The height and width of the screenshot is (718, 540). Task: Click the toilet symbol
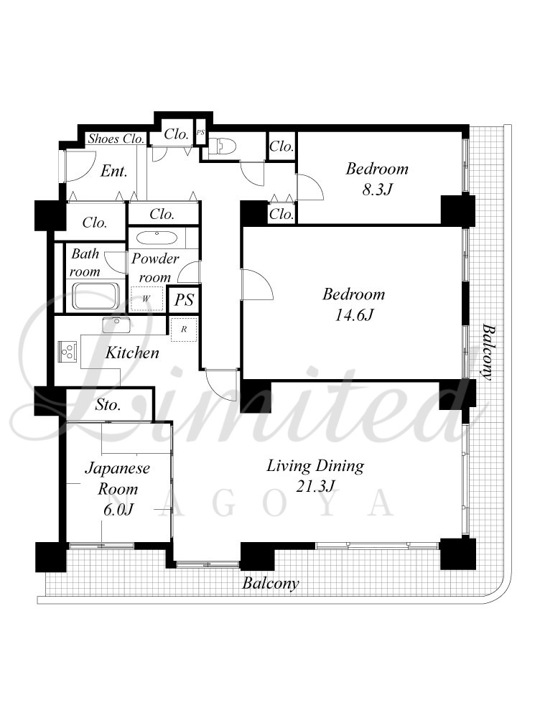click(x=223, y=146)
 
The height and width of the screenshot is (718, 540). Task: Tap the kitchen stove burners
click(x=67, y=352)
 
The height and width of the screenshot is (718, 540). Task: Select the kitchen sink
click(x=116, y=325)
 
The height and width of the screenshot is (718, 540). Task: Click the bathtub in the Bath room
click(x=97, y=297)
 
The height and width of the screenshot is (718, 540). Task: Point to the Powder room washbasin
click(x=157, y=239)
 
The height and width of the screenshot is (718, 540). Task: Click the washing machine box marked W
click(x=146, y=299)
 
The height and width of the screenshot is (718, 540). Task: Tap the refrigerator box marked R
click(x=184, y=329)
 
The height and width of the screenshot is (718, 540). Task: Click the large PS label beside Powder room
click(x=184, y=300)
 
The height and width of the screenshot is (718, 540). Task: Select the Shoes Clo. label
click(x=116, y=139)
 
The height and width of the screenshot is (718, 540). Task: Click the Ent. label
click(x=113, y=172)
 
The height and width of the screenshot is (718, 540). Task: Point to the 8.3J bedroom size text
click(x=376, y=189)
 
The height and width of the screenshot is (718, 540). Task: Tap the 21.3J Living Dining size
click(x=315, y=486)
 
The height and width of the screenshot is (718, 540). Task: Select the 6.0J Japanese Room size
click(x=118, y=509)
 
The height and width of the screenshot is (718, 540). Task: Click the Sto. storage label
click(x=108, y=405)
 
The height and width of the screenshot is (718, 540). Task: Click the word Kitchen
click(x=132, y=353)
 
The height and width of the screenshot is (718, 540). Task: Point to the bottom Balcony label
click(x=271, y=583)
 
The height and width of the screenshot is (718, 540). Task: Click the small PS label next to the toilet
click(x=200, y=132)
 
